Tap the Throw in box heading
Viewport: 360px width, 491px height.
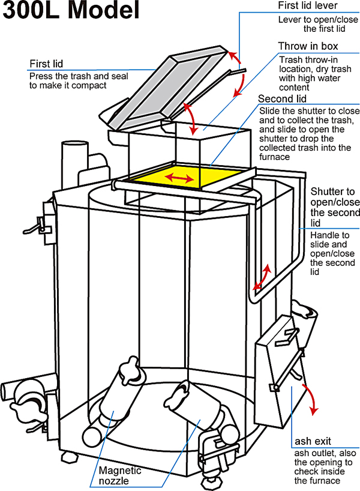308,47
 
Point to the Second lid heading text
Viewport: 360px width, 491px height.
283,99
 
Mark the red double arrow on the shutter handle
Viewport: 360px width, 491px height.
261,276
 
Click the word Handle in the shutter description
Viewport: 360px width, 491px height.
323,236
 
